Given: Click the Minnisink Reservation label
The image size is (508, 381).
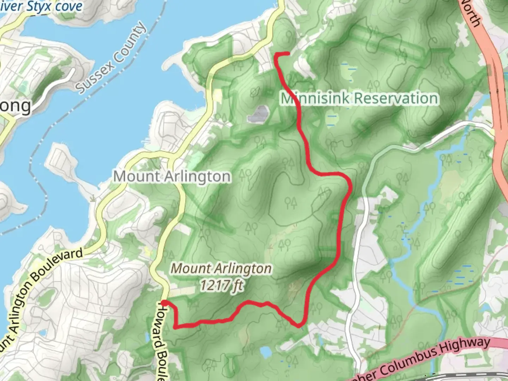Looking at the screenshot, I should click(359, 98).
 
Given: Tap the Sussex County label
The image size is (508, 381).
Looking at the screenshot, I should click(111, 59).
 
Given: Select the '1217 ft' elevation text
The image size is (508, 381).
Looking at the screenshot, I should click(222, 284).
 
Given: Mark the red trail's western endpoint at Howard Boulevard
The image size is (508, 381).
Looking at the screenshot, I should click(164, 303).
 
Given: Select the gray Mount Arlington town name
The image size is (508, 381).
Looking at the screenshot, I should click(172, 176).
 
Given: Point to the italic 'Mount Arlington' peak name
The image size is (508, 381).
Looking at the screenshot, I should click(222, 269).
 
